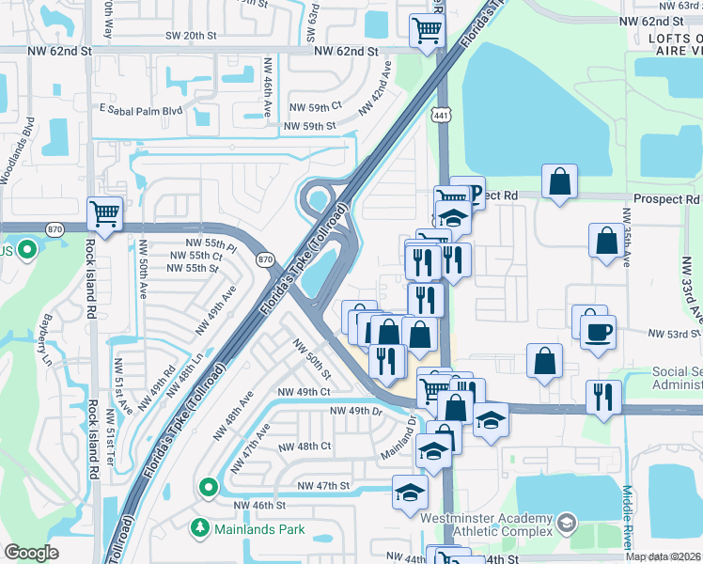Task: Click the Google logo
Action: coord(31,553)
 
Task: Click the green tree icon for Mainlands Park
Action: coord(199,528)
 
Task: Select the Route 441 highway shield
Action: coord(439,114)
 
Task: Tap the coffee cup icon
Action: coord(598,331)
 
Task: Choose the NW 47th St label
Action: coord(323,485)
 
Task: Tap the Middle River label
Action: coord(627,522)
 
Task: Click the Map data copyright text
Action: coord(664,556)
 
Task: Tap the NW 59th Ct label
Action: coord(316,108)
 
